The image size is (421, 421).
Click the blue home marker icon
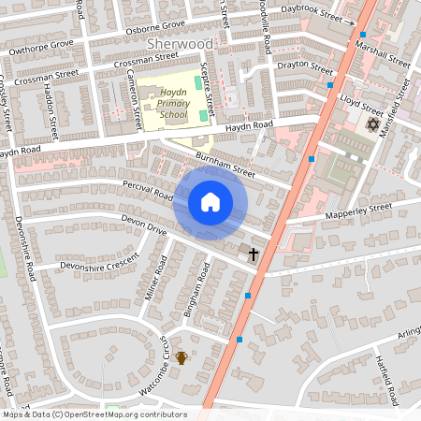click(210, 202)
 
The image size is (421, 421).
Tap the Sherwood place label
click(181, 44)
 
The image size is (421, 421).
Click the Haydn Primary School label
click(173, 103)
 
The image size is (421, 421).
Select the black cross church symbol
click(253, 254)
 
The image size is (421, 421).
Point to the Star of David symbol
click(371, 124)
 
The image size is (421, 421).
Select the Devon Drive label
click(143, 225)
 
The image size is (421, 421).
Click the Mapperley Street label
click(357, 212)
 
